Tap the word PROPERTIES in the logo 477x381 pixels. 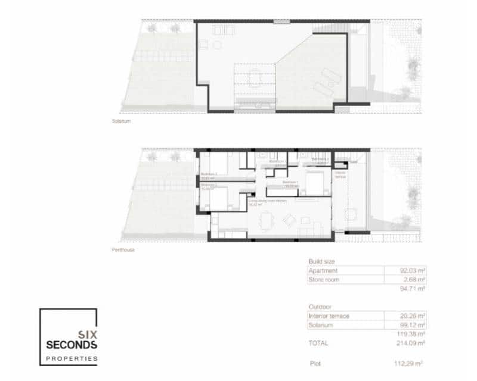pos(72,358)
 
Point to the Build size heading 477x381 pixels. pos(321,262)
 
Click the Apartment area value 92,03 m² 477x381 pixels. pos(412,270)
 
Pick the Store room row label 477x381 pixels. pos(324,279)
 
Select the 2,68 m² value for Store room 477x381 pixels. pos(414,279)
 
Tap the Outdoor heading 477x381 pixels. pos(320,307)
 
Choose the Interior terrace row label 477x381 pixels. pos(329,316)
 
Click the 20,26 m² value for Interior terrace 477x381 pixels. pos(412,316)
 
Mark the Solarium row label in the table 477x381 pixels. pos(321,325)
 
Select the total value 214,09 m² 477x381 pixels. pos(411,344)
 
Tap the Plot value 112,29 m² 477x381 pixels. pos(411,363)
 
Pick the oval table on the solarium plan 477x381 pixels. pos(256,77)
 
